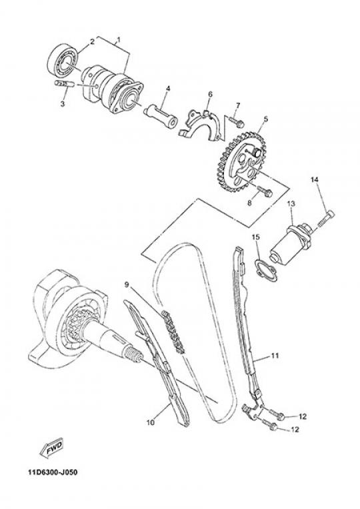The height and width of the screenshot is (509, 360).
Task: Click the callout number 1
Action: click(119, 40)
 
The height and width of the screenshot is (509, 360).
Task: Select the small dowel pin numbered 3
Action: click(64, 83)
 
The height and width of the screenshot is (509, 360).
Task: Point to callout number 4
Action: click(168, 89)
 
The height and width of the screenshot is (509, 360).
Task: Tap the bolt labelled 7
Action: click(236, 121)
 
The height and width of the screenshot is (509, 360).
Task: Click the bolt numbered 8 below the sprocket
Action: click(265, 191)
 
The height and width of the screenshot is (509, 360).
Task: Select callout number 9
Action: click(127, 284)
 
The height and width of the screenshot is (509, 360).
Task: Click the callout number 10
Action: click(151, 422)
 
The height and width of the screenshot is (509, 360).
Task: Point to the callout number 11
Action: click(275, 356)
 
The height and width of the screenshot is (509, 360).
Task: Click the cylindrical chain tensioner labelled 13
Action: click(291, 239)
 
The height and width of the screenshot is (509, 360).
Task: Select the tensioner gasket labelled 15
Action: click(266, 271)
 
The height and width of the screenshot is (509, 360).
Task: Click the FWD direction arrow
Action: click(51, 448)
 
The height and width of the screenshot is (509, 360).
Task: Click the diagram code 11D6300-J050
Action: click(53, 472)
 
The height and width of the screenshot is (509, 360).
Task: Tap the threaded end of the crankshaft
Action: click(133, 353)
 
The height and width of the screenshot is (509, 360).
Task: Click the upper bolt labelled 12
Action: click(277, 414)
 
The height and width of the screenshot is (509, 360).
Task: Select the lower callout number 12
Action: click(295, 430)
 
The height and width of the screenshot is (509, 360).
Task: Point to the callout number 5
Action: click(266, 119)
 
